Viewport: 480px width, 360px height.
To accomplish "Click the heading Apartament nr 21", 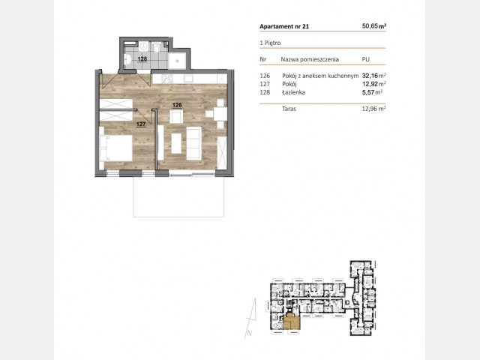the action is click(284, 26).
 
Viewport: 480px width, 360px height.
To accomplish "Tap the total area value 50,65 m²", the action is click(373, 26).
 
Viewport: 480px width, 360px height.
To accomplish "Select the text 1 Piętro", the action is click(270, 43).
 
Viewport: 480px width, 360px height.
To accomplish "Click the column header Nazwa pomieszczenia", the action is click(310, 59).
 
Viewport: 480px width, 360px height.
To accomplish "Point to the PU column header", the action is click(365, 59).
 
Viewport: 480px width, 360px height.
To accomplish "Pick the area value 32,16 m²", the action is click(373, 76).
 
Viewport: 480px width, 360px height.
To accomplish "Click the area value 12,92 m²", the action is click(373, 84).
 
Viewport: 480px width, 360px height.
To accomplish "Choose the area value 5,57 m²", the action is click(372, 92).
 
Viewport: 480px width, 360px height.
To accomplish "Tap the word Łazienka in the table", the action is click(293, 92).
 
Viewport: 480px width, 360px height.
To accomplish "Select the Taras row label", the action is click(289, 109).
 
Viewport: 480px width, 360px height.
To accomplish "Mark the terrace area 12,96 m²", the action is click(373, 108).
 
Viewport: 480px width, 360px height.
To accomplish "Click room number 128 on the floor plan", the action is click(142, 58).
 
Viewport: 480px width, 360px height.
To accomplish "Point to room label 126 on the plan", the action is click(177, 105).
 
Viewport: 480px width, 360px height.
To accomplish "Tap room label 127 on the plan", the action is click(141, 124).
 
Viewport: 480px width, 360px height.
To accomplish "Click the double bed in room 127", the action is click(115, 148).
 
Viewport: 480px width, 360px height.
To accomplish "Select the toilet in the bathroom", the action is click(157, 47).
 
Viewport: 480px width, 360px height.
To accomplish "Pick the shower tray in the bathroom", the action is click(177, 61).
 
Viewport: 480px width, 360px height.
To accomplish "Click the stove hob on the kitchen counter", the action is click(167, 79).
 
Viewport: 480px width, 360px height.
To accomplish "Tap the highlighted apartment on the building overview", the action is click(292, 322).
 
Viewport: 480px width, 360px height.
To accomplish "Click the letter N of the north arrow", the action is click(250, 333).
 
